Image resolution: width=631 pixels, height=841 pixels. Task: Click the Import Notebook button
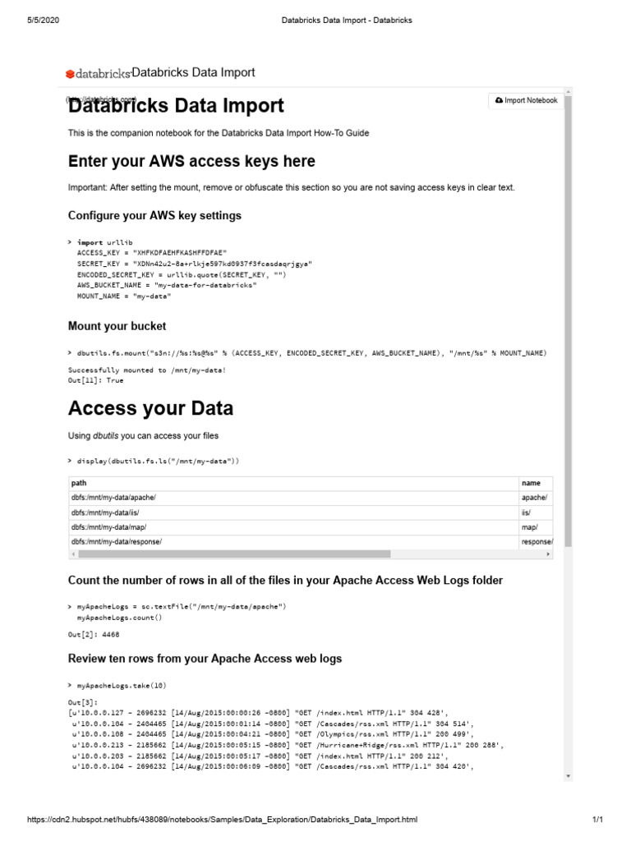(526, 101)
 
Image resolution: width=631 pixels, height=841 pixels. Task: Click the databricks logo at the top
(98, 74)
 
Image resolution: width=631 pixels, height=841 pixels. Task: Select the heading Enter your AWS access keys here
(191, 161)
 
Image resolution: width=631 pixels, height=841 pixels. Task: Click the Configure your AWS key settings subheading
(154, 216)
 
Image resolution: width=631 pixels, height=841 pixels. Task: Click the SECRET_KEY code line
(194, 264)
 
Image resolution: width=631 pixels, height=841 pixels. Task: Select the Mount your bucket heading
(117, 326)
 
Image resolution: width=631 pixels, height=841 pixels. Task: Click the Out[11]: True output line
(95, 380)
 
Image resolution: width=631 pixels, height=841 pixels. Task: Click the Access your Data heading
(150, 408)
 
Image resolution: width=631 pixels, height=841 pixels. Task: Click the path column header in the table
(79, 484)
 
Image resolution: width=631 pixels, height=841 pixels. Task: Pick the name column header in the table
(531, 484)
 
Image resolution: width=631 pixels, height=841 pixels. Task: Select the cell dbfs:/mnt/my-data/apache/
(113, 498)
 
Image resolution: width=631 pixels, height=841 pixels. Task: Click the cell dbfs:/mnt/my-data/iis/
(105, 512)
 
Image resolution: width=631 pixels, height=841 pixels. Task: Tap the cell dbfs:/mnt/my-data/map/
(108, 527)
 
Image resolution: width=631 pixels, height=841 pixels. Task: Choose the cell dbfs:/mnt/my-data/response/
(116, 542)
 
